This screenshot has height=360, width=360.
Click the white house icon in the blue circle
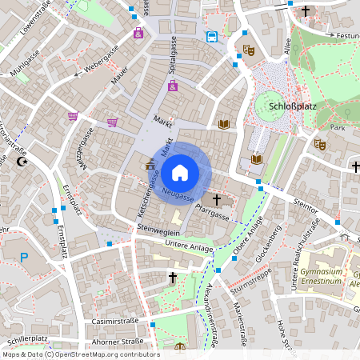click(180, 171)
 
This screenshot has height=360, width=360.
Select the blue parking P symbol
click(24, 258)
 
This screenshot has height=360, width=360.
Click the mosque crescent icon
click(22, 162)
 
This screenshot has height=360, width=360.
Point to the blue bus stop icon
click(211, 37)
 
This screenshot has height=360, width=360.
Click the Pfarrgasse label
click(212, 213)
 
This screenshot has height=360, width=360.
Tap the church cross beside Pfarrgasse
click(217, 198)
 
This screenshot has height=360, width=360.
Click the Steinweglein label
click(154, 228)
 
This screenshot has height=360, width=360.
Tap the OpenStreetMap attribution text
click(80, 354)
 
